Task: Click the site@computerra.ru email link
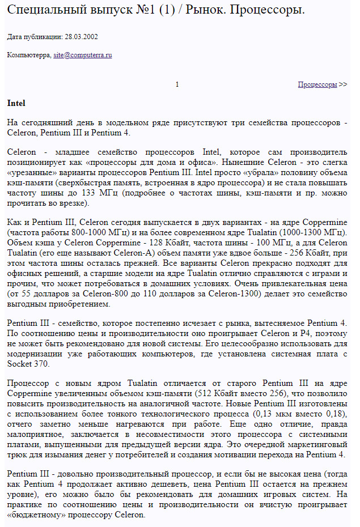pos(82,55)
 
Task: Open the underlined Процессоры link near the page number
pos(317,84)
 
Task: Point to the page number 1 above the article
pos(177,84)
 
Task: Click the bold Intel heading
pos(16,104)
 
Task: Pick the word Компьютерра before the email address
pos(28,55)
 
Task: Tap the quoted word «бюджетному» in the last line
pos(29,515)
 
